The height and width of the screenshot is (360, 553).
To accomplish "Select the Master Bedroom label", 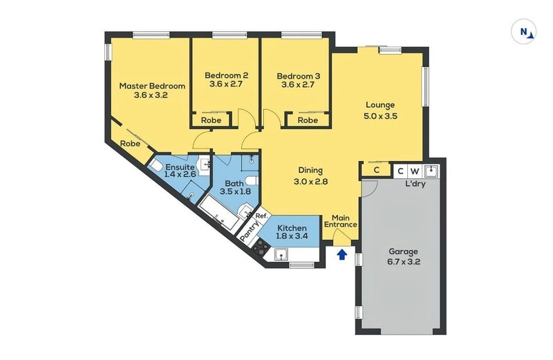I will point(152,91).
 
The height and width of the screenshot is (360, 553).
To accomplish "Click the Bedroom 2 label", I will point(227,81).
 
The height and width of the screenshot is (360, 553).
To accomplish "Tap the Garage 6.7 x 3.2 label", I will point(404,257).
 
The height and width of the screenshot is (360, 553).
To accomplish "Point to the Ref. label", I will point(261,216).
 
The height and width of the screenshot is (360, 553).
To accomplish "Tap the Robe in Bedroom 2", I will point(211,120).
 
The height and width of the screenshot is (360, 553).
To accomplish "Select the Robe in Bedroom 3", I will point(308,120).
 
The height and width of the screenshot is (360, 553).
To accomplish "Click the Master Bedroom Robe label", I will point(131,144).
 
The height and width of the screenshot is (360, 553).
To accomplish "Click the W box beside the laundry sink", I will point(414,171).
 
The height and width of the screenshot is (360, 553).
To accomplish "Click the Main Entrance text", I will point(344,220).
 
